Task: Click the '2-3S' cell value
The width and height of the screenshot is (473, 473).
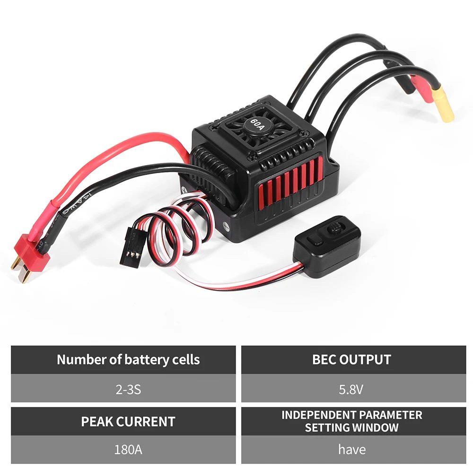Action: (x=128, y=389)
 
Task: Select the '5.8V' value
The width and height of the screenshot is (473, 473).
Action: (x=351, y=389)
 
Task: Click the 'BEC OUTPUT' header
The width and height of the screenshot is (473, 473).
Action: (x=351, y=359)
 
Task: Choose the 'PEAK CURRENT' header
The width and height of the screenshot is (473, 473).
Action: (x=128, y=421)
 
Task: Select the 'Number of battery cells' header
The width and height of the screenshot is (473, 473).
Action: (x=128, y=359)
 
